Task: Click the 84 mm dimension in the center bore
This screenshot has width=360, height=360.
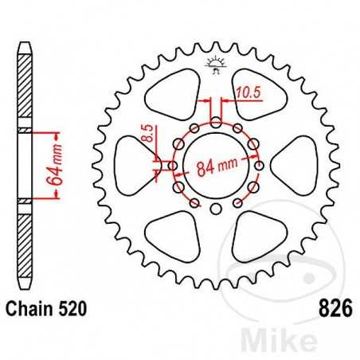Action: coord(217,166)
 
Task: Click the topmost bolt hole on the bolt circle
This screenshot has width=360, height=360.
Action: coord(216,121)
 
